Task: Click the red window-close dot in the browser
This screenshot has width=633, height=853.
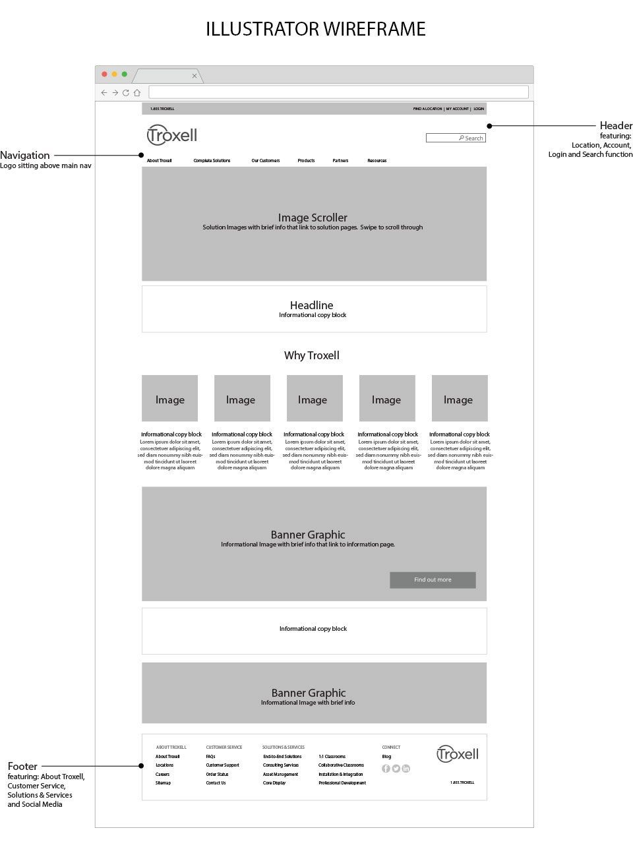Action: pyautogui.click(x=104, y=74)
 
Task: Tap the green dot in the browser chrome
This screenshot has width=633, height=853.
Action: pyautogui.click(x=124, y=74)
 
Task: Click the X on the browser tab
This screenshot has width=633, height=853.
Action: pyautogui.click(x=195, y=76)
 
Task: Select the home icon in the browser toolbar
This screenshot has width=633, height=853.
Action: pyautogui.click(x=137, y=93)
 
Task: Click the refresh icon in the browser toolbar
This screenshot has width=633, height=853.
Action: pyautogui.click(x=126, y=93)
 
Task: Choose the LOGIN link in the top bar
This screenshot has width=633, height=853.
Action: pyautogui.click(x=479, y=109)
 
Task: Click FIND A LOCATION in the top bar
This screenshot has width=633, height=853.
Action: pyautogui.click(x=427, y=109)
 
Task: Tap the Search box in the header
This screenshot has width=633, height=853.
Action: pyautogui.click(x=456, y=138)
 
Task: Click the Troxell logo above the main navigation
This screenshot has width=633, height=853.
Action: pyautogui.click(x=172, y=135)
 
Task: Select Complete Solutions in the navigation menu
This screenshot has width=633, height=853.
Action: pyautogui.click(x=212, y=161)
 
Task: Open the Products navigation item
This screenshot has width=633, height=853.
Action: pyautogui.click(x=306, y=161)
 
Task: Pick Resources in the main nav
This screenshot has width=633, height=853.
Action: pyautogui.click(x=377, y=161)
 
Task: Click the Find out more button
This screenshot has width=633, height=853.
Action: pyautogui.click(x=433, y=580)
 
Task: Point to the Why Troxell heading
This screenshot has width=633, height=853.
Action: pyautogui.click(x=312, y=355)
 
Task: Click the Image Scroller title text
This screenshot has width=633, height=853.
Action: pyautogui.click(x=313, y=218)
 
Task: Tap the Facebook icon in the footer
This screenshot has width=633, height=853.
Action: pyautogui.click(x=386, y=769)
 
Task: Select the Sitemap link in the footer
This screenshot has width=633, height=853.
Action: pyautogui.click(x=163, y=783)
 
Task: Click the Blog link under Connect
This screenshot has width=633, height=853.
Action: pyautogui.click(x=386, y=757)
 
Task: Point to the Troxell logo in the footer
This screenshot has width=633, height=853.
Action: pyautogui.click(x=458, y=754)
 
